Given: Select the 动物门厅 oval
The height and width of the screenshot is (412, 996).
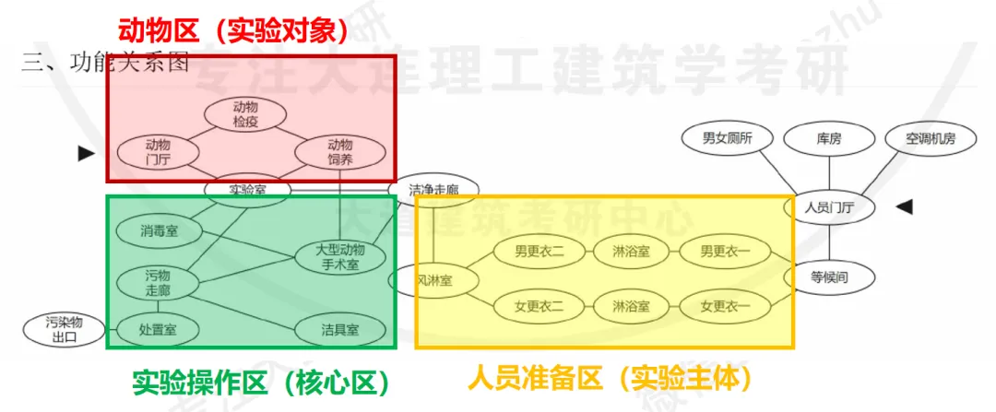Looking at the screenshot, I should [x=158, y=152].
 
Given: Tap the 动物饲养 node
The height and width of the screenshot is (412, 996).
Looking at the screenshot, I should [x=340, y=152].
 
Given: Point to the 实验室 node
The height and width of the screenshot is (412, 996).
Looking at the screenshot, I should [x=248, y=190].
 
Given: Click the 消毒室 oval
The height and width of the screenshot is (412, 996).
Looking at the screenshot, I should [x=160, y=230].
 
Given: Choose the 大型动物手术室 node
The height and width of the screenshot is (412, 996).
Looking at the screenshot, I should [x=340, y=257].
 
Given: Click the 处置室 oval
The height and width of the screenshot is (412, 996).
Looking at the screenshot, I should [x=158, y=328].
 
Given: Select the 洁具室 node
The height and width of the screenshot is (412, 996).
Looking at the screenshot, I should [x=340, y=328].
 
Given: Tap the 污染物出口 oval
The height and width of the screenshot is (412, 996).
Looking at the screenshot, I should [x=64, y=329].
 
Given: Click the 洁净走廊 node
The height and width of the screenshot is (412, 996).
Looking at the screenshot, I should [x=433, y=190].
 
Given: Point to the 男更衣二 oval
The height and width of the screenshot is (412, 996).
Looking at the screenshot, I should [x=539, y=250].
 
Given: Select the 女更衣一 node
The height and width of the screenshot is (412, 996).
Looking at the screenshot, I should [x=725, y=305].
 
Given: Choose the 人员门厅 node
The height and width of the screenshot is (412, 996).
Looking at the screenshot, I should [x=828, y=207].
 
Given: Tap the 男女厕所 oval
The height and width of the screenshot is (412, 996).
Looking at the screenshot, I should [x=728, y=139].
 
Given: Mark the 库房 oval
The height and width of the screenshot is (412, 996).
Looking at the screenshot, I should [x=829, y=139].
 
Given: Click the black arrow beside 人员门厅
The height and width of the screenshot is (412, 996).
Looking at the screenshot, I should [x=905, y=207].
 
